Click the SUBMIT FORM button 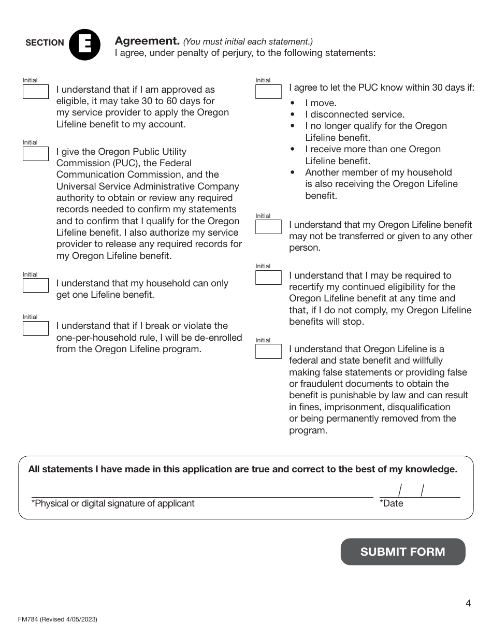click(x=402, y=552)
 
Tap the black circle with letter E click(x=84, y=45)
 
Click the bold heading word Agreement click(x=147, y=41)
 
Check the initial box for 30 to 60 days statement click(x=35, y=92)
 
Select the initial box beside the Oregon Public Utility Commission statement click(x=35, y=154)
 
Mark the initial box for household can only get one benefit click(x=35, y=285)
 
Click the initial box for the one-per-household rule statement click(x=35, y=328)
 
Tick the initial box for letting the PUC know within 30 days click(x=268, y=92)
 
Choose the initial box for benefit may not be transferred click(x=268, y=227)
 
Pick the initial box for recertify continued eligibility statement click(x=268, y=277)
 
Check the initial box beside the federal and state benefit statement click(x=268, y=351)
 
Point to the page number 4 click(x=468, y=603)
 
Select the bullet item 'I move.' click(x=321, y=103)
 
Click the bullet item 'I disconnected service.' click(x=354, y=114)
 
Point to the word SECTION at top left click(x=45, y=43)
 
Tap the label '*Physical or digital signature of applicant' click(x=113, y=503)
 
